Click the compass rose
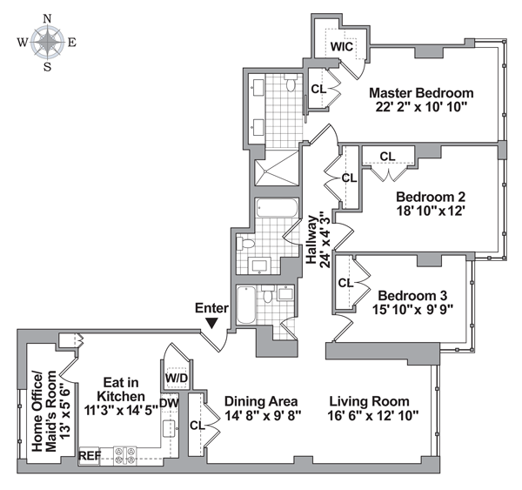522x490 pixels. (46, 41)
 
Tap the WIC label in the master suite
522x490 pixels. (340, 47)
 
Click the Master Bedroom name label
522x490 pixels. (420, 93)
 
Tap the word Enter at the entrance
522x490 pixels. (211, 307)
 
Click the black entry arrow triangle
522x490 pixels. (211, 324)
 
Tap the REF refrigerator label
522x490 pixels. (90, 456)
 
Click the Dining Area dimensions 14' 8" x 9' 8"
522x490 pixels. (261, 416)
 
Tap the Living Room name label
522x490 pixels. (369, 401)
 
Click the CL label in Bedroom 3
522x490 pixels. (344, 283)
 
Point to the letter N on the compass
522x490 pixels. (46, 17)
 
